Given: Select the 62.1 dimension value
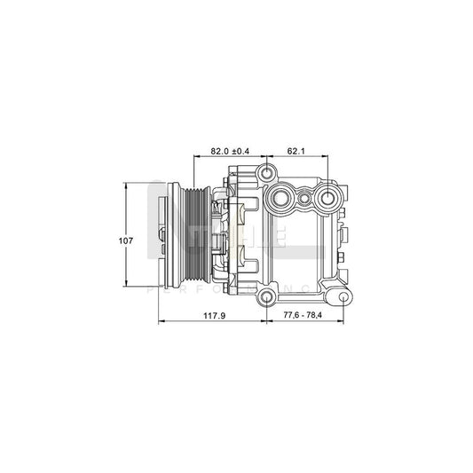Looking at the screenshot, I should tap(296, 152).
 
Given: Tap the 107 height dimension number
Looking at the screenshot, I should tap(127, 240).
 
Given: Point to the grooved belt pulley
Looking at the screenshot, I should tap(192, 237).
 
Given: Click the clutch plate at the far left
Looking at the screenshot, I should tap(163, 237).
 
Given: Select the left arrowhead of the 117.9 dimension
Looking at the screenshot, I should tap(160, 321).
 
